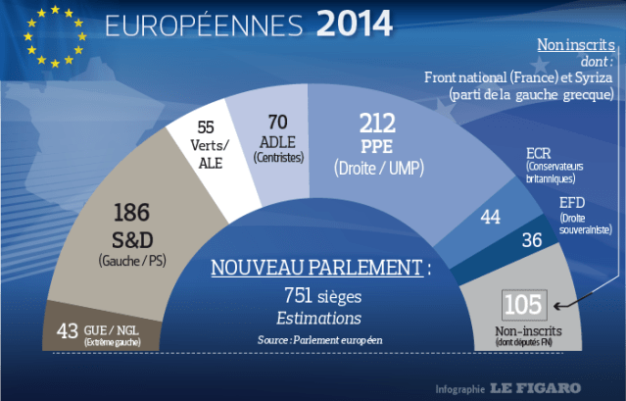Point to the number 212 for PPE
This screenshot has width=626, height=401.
pyautogui.click(x=376, y=124)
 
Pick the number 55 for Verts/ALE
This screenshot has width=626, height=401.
pyautogui.click(x=206, y=128)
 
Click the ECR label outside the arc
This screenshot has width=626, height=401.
pyautogui.click(x=539, y=153)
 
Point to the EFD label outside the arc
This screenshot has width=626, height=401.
pyautogui.click(x=571, y=203)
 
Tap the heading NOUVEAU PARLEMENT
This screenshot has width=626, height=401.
pyautogui.click(x=321, y=269)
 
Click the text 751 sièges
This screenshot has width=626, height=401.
pyautogui.click(x=320, y=297)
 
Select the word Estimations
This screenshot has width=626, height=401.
pyautogui.click(x=319, y=319)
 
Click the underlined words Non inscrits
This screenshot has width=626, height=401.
pyautogui.click(x=574, y=46)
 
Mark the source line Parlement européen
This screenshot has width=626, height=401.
pyautogui.click(x=320, y=338)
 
